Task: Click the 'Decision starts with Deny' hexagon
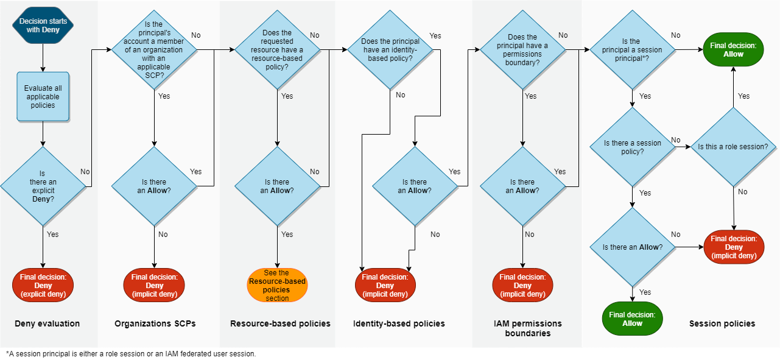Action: (43, 26)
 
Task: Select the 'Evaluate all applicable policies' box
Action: (43, 97)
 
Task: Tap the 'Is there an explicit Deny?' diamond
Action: (43, 186)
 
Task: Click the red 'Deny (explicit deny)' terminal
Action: (43, 285)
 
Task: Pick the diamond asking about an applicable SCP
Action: (155, 50)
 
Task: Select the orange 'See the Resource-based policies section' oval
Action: (277, 285)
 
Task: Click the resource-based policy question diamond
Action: (277, 50)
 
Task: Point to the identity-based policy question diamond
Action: (390, 50)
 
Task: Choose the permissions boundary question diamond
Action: (522, 50)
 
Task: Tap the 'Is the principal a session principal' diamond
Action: (633, 50)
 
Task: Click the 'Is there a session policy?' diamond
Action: (633, 147)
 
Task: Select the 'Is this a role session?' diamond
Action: (733, 147)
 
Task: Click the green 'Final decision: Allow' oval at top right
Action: (733, 50)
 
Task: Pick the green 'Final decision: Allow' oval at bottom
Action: (632, 319)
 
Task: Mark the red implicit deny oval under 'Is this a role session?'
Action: (734, 247)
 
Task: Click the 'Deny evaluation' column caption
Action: (47, 323)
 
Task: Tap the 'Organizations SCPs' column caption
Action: (155, 323)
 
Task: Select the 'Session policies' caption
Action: (722, 323)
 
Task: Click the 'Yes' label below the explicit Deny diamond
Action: (53, 234)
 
